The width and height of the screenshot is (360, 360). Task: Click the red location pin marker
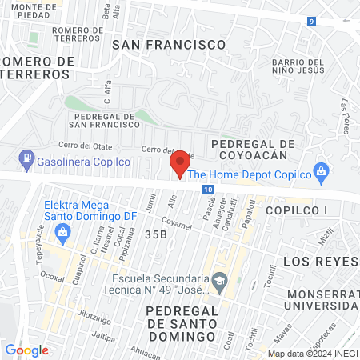click(x=180, y=164)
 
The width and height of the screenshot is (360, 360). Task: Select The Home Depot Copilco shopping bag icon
click(x=321, y=170)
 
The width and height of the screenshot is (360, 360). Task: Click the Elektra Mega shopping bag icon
click(x=62, y=231)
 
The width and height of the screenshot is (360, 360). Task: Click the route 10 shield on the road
click(x=208, y=189)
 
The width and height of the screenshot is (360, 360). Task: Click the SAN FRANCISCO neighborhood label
click(x=169, y=45)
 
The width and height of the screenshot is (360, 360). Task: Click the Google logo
click(x=26, y=350)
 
